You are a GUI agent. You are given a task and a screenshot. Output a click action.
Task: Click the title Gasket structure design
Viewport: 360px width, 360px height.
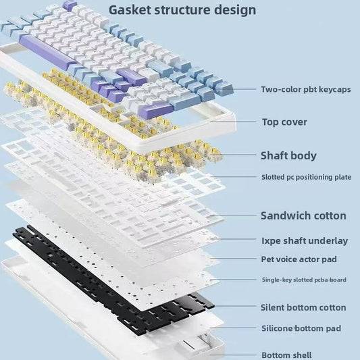182,10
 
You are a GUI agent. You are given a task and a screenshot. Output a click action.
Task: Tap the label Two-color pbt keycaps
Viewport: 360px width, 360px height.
306,89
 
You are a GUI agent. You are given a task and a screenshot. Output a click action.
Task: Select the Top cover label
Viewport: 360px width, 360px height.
284,122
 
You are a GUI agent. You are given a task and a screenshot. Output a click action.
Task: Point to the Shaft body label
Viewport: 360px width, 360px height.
288,155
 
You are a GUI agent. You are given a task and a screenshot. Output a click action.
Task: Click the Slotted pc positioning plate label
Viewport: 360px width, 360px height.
306,177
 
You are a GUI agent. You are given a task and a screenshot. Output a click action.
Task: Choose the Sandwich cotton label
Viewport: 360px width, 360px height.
303,215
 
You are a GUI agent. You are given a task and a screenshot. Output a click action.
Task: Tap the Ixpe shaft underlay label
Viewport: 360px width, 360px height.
305,241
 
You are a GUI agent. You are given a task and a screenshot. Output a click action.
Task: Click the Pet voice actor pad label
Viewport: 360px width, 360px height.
299,259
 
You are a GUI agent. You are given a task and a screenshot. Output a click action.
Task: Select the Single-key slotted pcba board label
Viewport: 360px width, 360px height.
304,280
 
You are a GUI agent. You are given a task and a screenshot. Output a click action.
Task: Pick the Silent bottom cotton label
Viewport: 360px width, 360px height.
303,307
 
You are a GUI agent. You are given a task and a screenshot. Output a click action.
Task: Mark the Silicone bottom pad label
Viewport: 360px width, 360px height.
301,328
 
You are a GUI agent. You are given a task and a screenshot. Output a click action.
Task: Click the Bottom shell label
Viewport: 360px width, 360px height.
287,355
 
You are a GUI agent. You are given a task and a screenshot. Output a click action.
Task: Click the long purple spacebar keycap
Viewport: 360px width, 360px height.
48,53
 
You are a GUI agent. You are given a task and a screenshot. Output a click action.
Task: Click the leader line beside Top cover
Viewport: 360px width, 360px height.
233,122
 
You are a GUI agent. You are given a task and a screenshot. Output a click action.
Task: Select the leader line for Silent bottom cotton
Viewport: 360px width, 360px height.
234,306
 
